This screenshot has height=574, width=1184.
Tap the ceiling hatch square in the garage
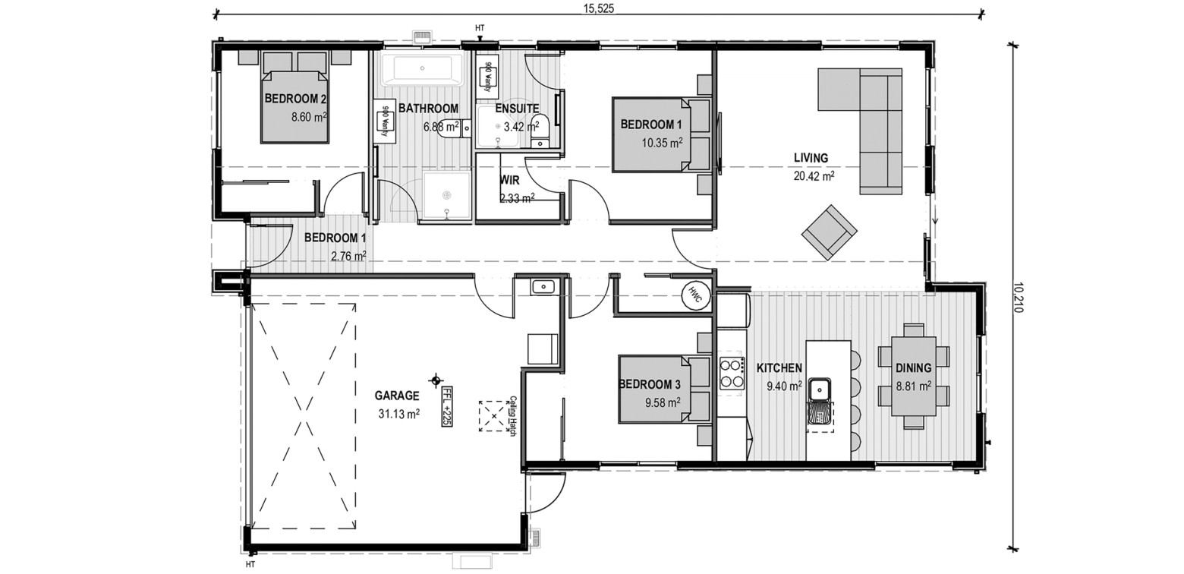493,417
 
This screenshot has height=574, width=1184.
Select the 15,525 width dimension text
598,9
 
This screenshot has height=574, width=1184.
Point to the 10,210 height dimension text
1018,297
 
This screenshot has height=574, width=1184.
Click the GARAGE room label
396,396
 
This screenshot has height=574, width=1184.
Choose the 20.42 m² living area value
814,176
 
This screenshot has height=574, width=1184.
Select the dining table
913,377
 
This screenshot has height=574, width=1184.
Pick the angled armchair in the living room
829,232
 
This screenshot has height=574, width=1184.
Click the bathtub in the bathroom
422,69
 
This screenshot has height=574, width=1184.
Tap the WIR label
509,180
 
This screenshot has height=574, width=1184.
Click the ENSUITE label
517,109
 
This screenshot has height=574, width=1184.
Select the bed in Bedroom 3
664,389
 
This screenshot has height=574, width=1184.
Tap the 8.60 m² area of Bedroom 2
309,117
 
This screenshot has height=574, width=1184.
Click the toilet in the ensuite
540,133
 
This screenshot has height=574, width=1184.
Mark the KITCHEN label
779,368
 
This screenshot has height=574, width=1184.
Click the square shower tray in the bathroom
446,195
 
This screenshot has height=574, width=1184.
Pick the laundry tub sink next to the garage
543,287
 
